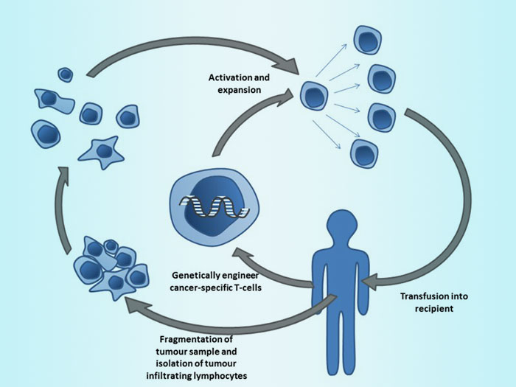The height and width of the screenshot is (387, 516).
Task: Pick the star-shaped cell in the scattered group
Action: (103, 150)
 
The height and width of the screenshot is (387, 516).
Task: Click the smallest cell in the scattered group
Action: (66, 74)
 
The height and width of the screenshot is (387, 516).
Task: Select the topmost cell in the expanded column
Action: (366, 41)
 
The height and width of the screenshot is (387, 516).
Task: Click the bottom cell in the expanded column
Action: (363, 153)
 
